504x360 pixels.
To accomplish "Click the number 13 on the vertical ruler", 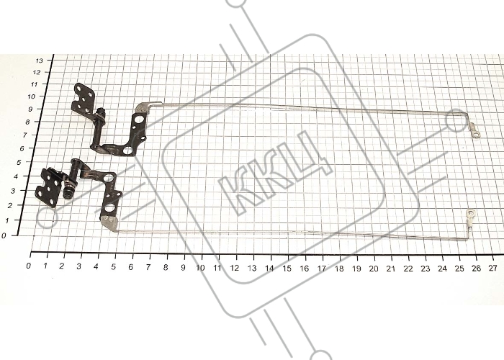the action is [39, 60].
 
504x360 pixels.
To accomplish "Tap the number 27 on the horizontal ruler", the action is [492, 268].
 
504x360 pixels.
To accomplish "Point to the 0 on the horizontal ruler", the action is [29, 266].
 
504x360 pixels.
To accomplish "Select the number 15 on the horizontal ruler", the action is [287, 268].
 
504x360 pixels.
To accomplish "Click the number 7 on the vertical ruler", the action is [25, 135].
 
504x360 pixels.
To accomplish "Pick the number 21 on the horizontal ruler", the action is [390, 269].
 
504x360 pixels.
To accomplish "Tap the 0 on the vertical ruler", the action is [4, 235].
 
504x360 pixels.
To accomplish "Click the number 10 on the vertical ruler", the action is [32, 96].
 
